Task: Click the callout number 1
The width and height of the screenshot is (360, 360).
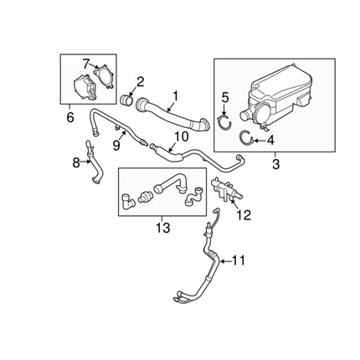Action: click(x=175, y=96)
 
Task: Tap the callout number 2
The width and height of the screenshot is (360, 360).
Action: click(x=140, y=82)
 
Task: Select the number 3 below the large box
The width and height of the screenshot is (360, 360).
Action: click(x=275, y=164)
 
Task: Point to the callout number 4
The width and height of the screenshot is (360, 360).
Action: click(x=270, y=141)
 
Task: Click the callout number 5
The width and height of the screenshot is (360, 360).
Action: click(x=225, y=97)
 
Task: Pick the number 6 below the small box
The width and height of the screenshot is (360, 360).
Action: click(x=70, y=117)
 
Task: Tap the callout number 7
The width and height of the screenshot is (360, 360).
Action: click(x=86, y=64)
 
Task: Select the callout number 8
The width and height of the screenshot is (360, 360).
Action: click(x=76, y=162)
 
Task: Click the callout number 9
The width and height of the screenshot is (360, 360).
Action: click(x=116, y=145)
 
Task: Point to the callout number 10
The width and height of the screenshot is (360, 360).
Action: click(x=182, y=136)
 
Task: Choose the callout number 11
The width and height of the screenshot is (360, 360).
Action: click(x=239, y=260)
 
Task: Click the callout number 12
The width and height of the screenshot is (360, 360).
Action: click(x=244, y=214)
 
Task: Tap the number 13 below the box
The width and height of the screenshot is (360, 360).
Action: click(x=162, y=228)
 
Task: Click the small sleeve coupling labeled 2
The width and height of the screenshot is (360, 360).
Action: click(x=126, y=100)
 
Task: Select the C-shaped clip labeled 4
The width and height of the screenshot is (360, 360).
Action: click(x=247, y=137)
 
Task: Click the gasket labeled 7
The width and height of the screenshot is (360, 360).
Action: click(x=104, y=76)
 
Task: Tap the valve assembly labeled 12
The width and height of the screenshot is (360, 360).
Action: click(x=227, y=189)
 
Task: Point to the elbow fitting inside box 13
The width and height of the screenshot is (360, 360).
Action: click(x=127, y=201)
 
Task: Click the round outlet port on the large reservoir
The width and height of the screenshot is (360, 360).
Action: click(x=245, y=116)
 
